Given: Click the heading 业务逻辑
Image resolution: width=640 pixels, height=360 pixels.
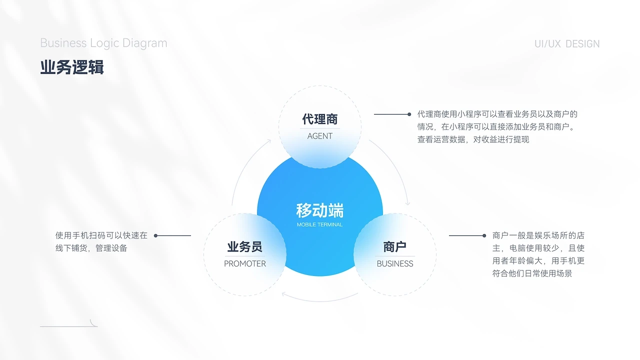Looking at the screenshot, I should coord(72,67).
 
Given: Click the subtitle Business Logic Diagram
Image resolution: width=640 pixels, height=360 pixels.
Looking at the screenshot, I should coord(103,43).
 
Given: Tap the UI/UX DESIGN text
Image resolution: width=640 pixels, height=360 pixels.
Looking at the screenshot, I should coord(567,44).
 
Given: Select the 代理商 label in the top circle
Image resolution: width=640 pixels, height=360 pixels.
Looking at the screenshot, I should coord(320,119).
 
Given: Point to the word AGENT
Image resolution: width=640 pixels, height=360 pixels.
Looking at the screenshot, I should coord(320,136).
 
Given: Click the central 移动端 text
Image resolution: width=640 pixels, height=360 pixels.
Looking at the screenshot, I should coord(320,210).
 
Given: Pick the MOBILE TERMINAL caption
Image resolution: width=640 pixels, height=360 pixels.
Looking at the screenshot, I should coord(320,224).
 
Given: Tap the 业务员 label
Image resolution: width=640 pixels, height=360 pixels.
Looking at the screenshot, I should coord(245,246).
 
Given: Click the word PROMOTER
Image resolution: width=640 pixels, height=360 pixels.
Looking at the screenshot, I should coord(245,263).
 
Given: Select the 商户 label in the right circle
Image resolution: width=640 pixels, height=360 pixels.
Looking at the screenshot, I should coord(395,246).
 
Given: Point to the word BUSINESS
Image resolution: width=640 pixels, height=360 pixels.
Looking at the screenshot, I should coord(395,263).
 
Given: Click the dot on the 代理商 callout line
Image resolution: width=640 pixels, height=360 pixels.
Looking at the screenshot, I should coord(409,114).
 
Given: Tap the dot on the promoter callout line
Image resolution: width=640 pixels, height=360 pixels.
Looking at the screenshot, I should coord(156,235).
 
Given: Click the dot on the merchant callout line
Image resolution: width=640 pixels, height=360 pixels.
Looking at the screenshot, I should coord(484,235).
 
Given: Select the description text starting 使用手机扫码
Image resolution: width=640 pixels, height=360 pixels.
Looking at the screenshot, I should coord(101,241).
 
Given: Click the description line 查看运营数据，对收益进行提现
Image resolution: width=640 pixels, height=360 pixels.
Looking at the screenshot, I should coord(473,139).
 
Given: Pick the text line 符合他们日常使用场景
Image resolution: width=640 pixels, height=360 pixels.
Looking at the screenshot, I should coord(532,273).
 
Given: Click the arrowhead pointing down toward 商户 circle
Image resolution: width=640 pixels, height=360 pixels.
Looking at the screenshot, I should coord(408,203).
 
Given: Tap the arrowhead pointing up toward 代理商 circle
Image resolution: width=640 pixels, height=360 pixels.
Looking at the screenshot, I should coord(268,141).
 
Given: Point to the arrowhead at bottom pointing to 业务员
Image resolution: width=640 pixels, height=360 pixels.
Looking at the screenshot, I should coord(284,294).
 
